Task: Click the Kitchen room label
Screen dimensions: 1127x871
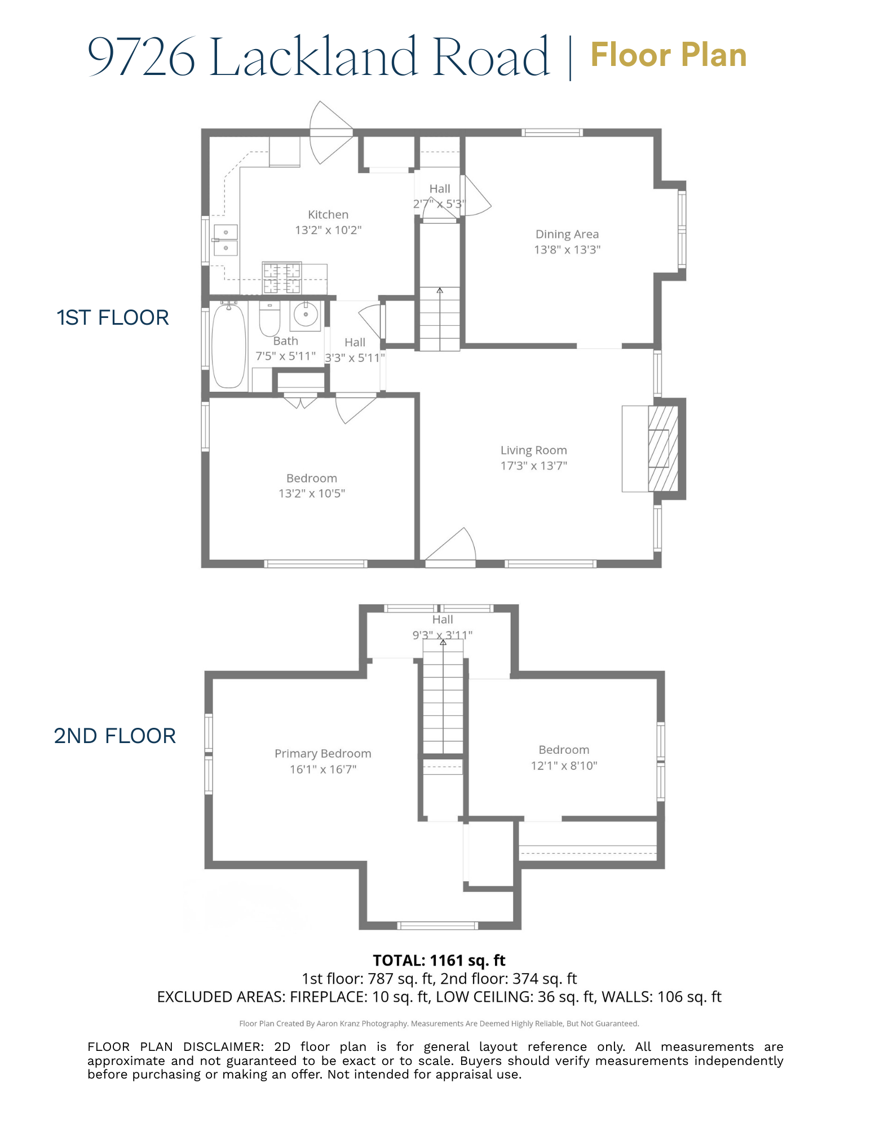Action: click(328, 215)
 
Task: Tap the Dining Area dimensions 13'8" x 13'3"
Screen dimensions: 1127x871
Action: click(567, 250)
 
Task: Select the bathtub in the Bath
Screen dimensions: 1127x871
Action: click(229, 346)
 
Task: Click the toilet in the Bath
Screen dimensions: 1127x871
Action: click(269, 320)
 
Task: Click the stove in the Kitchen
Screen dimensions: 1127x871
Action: click(282, 278)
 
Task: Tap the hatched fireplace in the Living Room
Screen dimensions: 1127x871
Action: click(662, 449)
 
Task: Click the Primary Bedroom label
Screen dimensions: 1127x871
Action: click(322, 754)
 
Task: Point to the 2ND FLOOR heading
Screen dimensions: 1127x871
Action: click(115, 736)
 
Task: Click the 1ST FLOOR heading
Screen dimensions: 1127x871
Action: click(113, 318)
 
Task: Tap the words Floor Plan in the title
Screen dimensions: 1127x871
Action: click(669, 55)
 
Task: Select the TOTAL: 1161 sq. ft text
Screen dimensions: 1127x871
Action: click(439, 961)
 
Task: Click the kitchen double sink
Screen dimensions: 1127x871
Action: click(226, 240)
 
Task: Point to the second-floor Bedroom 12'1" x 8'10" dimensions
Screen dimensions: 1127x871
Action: click(564, 766)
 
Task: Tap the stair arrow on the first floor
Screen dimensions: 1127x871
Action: click(440, 291)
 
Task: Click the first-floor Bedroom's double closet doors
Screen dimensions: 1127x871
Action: click(300, 403)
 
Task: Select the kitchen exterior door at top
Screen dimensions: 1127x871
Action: click(330, 133)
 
